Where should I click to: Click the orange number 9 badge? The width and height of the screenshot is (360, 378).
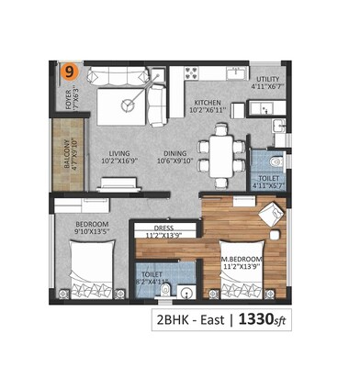coord(68,69)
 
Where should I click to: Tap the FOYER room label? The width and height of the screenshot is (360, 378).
coord(66,95)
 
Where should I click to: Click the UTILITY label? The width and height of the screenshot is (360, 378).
coord(269,80)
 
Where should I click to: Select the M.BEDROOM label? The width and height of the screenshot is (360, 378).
coord(242,260)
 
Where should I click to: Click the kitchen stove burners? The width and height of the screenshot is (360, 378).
coord(194,70)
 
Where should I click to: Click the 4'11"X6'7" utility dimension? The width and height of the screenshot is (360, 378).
coord(269,88)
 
